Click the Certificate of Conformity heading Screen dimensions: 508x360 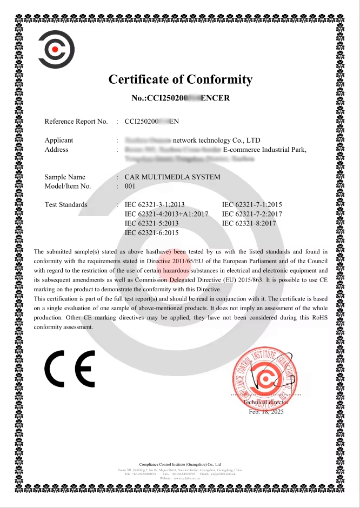tap(180, 80)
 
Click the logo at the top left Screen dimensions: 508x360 tap(56, 50)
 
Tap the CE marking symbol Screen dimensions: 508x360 tap(70, 369)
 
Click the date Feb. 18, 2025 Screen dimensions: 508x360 tap(266, 412)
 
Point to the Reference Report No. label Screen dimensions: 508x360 tap(76, 122)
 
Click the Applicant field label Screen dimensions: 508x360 tap(59, 141)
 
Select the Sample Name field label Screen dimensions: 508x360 tap(65, 177)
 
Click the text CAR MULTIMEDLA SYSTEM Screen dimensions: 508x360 tap(172, 177)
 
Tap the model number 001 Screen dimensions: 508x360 tap(129, 186)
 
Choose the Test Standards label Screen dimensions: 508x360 tap(66, 205)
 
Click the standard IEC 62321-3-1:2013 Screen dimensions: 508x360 tap(155, 205)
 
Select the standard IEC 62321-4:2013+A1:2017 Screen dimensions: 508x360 tap(166, 214)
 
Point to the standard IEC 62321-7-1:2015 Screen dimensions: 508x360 tap(252, 205)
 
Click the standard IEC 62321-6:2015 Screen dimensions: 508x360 tap(151, 232)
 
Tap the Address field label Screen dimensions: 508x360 tap(56, 150)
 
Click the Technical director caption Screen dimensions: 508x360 tap(266, 403)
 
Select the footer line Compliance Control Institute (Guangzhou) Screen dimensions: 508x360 tap(180, 464)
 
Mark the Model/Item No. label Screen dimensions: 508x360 tap(68, 186)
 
